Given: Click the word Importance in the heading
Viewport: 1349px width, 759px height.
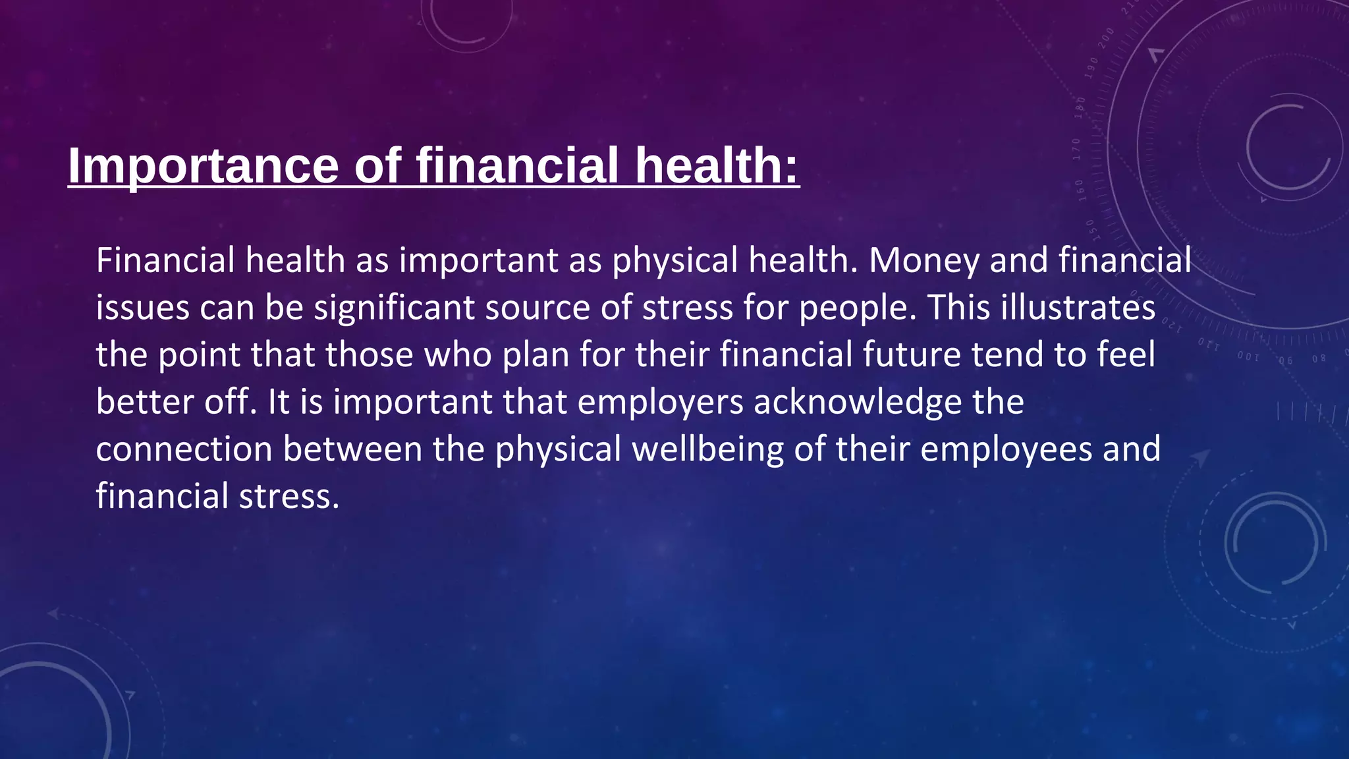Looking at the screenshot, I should (x=203, y=165).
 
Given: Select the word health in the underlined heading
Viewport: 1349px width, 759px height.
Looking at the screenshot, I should (x=717, y=165).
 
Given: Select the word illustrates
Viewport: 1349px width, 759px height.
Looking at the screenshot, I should (x=1078, y=308).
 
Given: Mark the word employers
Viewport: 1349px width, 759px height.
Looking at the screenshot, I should (x=660, y=402).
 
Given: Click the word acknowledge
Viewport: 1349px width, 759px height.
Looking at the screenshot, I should (x=858, y=402).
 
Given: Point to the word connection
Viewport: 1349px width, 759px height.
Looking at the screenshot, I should (x=184, y=449).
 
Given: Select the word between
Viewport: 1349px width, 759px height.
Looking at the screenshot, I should (x=352, y=449).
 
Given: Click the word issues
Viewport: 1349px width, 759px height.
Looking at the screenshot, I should (x=142, y=308).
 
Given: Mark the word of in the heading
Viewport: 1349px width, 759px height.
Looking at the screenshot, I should (x=377, y=165).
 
